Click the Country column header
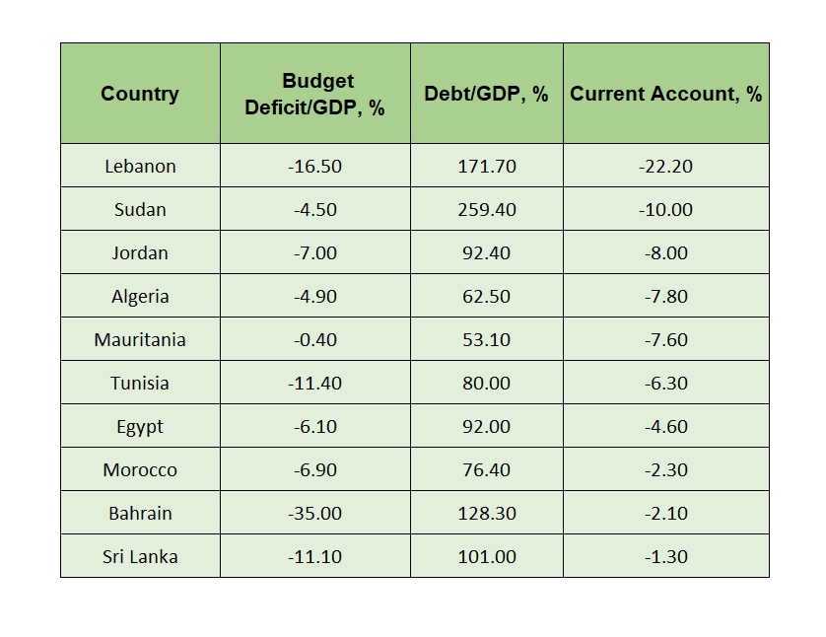140,95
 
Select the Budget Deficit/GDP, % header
315,95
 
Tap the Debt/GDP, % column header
486,95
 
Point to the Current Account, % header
665,95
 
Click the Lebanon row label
140,167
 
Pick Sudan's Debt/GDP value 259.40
486,210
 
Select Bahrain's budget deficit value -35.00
315,514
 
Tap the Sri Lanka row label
140,557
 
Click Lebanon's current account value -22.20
665,167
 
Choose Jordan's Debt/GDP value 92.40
486,253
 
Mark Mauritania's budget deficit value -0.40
315,340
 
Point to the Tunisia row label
140,384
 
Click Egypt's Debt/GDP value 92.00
486,427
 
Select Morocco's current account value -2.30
665,470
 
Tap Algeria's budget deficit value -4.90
315,297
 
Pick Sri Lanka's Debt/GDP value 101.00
486,557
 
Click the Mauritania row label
140,340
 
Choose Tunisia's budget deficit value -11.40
315,384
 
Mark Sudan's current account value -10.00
665,210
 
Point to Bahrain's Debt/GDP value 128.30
486,514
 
